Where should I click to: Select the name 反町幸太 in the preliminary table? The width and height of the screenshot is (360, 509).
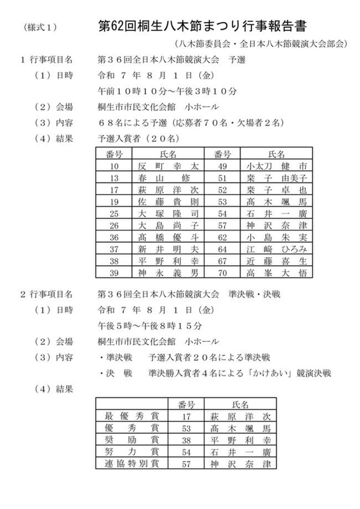click(x=168, y=166)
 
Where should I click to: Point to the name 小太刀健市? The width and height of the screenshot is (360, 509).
click(x=276, y=166)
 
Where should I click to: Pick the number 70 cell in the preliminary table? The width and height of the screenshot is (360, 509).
click(x=222, y=273)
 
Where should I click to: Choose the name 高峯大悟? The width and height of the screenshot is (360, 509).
click(x=276, y=273)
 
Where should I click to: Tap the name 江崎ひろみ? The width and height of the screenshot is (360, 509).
click(x=276, y=249)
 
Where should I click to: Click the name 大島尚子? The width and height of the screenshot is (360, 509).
click(x=168, y=225)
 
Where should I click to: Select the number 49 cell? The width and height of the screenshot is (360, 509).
click(x=222, y=166)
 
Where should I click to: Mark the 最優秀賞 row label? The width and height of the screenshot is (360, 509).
click(x=132, y=416)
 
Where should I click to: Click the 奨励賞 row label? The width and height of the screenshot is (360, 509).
click(x=132, y=439)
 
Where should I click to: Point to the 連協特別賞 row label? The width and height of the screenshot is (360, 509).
click(x=132, y=463)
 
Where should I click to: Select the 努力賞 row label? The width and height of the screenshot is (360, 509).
click(x=132, y=451)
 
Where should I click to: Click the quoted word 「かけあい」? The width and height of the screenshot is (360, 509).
click(x=271, y=373)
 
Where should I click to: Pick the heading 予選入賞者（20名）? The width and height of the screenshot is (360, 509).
click(x=138, y=139)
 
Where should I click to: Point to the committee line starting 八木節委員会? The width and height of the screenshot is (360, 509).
click(x=261, y=44)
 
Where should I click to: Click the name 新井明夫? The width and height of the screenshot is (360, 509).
click(x=168, y=249)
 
